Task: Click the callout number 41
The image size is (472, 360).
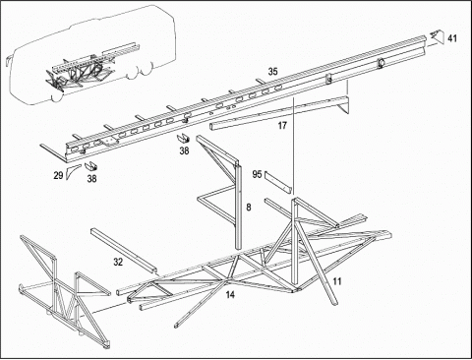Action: [452, 38]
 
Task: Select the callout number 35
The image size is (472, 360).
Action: [272, 72]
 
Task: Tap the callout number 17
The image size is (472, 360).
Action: [282, 125]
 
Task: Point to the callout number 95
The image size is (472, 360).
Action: [257, 174]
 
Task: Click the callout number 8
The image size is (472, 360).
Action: [249, 208]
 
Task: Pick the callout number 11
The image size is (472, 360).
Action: [337, 281]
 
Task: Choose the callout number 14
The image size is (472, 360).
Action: [230, 295]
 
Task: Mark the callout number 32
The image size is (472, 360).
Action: [118, 262]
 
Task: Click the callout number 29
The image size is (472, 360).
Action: [58, 176]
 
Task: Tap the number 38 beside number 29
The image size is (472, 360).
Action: [91, 179]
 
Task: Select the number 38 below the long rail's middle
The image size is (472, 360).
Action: [184, 150]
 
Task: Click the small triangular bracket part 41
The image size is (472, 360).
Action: [437, 35]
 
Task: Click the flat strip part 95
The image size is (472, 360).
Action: [278, 182]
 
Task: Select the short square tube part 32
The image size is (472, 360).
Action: [123, 251]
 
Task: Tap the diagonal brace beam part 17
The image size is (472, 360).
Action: [278, 112]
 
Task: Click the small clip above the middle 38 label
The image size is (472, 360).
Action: [184, 139]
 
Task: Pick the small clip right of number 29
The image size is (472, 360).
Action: [91, 167]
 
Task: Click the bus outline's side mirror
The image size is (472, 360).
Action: [9, 60]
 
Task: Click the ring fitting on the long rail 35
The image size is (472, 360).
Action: [382, 62]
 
